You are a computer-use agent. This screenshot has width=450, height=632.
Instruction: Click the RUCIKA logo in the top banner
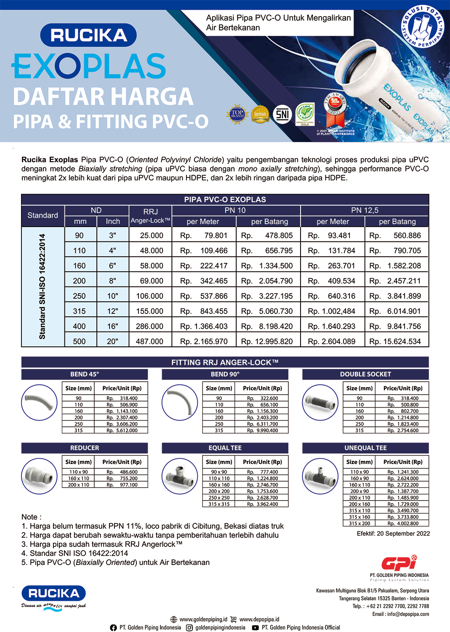88,35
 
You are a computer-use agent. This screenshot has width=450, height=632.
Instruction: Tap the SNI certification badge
282,114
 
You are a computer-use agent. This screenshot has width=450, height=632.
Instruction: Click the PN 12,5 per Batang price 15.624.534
395,341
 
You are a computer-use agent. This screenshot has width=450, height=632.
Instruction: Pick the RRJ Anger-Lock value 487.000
149,341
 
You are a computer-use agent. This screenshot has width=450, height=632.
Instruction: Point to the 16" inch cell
112,326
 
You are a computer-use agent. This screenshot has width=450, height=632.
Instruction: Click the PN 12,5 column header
365,210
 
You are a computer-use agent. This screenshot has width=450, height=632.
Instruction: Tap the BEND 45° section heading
85,374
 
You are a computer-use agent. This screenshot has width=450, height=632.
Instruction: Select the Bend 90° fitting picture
180,403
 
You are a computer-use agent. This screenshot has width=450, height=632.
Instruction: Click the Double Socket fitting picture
320,403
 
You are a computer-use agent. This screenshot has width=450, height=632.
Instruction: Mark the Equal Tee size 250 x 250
219,498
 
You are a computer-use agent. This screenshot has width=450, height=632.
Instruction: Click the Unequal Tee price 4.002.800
403,523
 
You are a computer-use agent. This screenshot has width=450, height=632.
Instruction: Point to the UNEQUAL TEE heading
365,448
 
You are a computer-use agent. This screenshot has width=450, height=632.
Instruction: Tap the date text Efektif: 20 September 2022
393,533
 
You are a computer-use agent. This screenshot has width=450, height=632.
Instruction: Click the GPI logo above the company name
399,562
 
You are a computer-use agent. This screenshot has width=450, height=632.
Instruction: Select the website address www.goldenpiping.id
203,619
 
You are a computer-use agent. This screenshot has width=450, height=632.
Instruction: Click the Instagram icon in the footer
189,628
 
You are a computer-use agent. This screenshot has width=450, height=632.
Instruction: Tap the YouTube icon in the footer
255,628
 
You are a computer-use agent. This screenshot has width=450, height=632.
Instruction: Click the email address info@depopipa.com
408,614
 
